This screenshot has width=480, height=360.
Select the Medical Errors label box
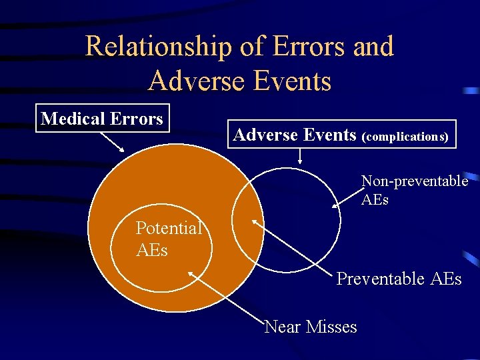click(x=102, y=119)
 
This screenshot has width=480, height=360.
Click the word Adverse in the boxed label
click(x=262, y=135)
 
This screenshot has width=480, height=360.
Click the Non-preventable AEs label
click(x=414, y=190)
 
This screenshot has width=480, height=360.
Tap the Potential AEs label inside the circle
click(x=168, y=238)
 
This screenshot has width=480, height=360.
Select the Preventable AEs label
click(x=399, y=278)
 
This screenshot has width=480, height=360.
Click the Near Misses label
click(x=311, y=327)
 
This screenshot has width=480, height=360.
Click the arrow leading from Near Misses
click(x=227, y=297)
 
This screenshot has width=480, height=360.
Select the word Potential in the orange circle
click(x=168, y=228)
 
